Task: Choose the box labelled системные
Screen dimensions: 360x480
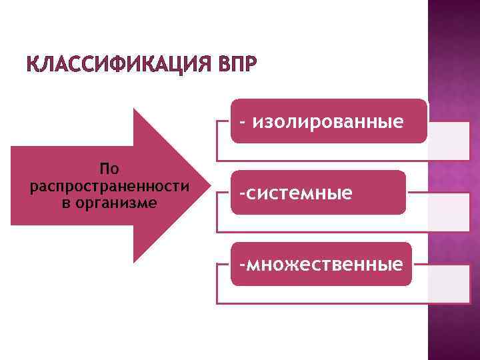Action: pos(318,193)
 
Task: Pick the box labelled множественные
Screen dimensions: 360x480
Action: pos(321,264)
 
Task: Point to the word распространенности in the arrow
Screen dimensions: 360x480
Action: pos(110,185)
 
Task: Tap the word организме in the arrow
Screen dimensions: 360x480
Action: pos(117,201)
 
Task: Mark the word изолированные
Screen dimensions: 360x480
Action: pos(329,121)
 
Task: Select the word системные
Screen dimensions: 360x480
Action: pos(298,193)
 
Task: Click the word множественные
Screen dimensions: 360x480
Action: pos(325,264)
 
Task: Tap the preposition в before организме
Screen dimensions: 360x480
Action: pos(66,202)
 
